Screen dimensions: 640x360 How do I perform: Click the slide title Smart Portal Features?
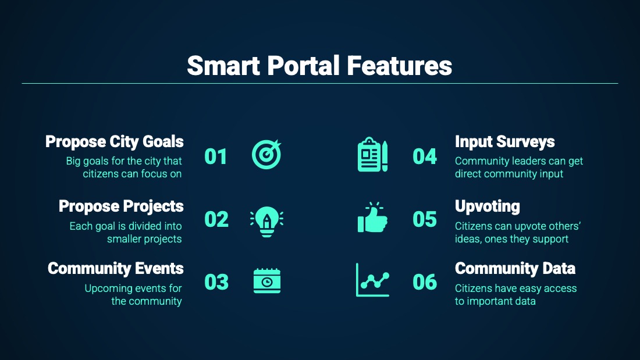tap(319, 66)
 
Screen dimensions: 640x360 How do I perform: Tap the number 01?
tap(215, 156)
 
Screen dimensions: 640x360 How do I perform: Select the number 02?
tap(216, 220)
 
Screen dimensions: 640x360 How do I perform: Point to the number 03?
tap(216, 282)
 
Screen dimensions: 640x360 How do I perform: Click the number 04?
tap(425, 156)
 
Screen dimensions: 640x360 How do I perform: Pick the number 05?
tap(425, 220)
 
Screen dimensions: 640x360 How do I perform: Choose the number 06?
tap(425, 282)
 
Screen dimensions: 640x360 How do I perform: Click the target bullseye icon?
tap(266, 154)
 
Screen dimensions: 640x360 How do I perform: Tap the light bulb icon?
tap(267, 221)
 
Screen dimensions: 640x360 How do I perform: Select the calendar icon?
tap(267, 281)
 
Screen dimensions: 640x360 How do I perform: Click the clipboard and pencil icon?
tap(372, 154)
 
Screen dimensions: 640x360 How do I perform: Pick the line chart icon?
tap(372, 280)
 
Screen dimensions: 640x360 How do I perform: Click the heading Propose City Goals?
tap(114, 142)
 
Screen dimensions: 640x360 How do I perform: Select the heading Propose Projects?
tap(121, 206)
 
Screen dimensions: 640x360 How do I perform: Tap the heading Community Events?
tap(116, 269)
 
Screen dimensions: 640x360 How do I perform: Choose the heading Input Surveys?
tap(505, 142)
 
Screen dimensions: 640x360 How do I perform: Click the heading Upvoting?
tap(488, 206)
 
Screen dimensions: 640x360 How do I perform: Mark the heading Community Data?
tap(515, 269)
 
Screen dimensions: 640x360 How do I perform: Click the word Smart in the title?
tap(223, 66)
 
